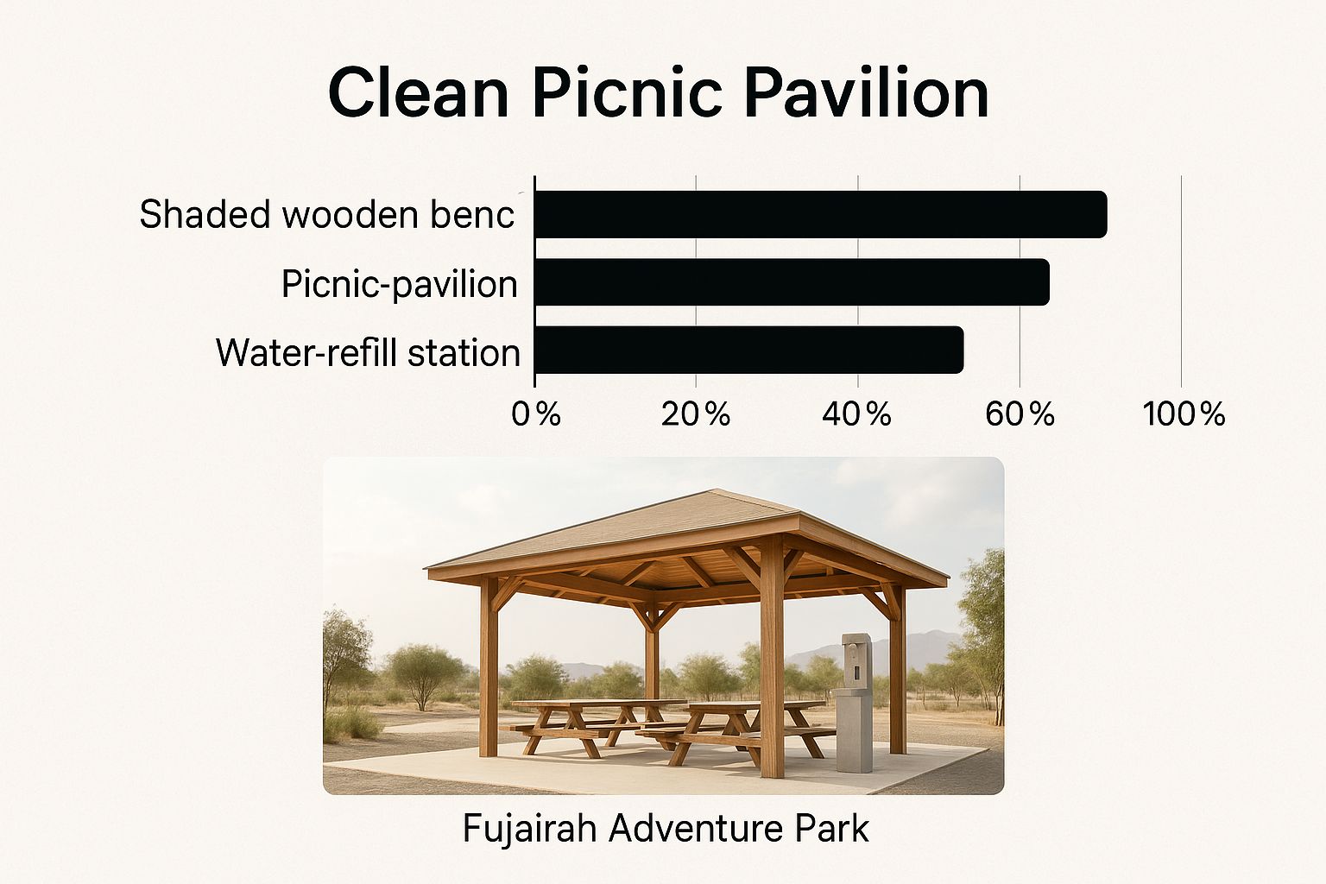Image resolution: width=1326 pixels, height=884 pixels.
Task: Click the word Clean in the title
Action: [419, 93]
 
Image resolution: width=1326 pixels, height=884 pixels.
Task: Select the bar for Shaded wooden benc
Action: [820, 214]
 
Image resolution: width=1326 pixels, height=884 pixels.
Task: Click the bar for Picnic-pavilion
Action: [792, 281]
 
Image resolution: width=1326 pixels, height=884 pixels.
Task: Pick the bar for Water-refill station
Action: [748, 350]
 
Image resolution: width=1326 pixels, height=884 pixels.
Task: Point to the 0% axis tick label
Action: [536, 414]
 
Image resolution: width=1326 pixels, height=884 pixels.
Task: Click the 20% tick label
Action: [696, 414]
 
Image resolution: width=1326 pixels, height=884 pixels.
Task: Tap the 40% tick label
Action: [857, 414]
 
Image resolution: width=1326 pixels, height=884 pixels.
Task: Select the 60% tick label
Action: [1020, 414]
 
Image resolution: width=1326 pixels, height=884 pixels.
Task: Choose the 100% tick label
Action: [1184, 414]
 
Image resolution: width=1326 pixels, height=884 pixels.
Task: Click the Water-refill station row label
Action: [369, 353]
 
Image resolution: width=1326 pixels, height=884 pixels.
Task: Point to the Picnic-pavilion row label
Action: [400, 284]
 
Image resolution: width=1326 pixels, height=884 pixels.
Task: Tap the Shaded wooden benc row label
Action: [327, 214]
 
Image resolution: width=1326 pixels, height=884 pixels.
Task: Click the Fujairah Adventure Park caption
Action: [666, 828]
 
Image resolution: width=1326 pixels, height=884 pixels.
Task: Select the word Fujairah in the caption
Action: [529, 828]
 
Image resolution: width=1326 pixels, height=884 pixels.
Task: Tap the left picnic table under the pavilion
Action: [598, 729]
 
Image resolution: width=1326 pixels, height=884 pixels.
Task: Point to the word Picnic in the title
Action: [628, 93]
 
